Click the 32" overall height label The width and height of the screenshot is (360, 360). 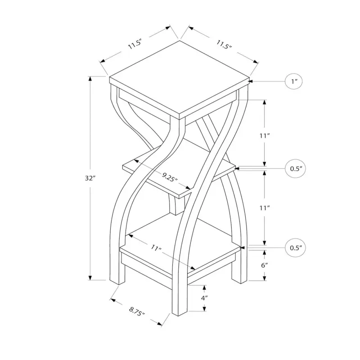[90, 178]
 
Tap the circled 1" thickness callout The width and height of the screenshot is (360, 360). [294, 81]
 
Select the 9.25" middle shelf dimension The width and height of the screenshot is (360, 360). [170, 177]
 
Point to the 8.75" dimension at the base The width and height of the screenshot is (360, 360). [137, 311]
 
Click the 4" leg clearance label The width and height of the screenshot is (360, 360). [204, 298]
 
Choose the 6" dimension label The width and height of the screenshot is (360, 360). [265, 265]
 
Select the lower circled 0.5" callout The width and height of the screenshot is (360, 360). [296, 248]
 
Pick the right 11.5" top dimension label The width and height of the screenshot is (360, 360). [224, 45]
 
